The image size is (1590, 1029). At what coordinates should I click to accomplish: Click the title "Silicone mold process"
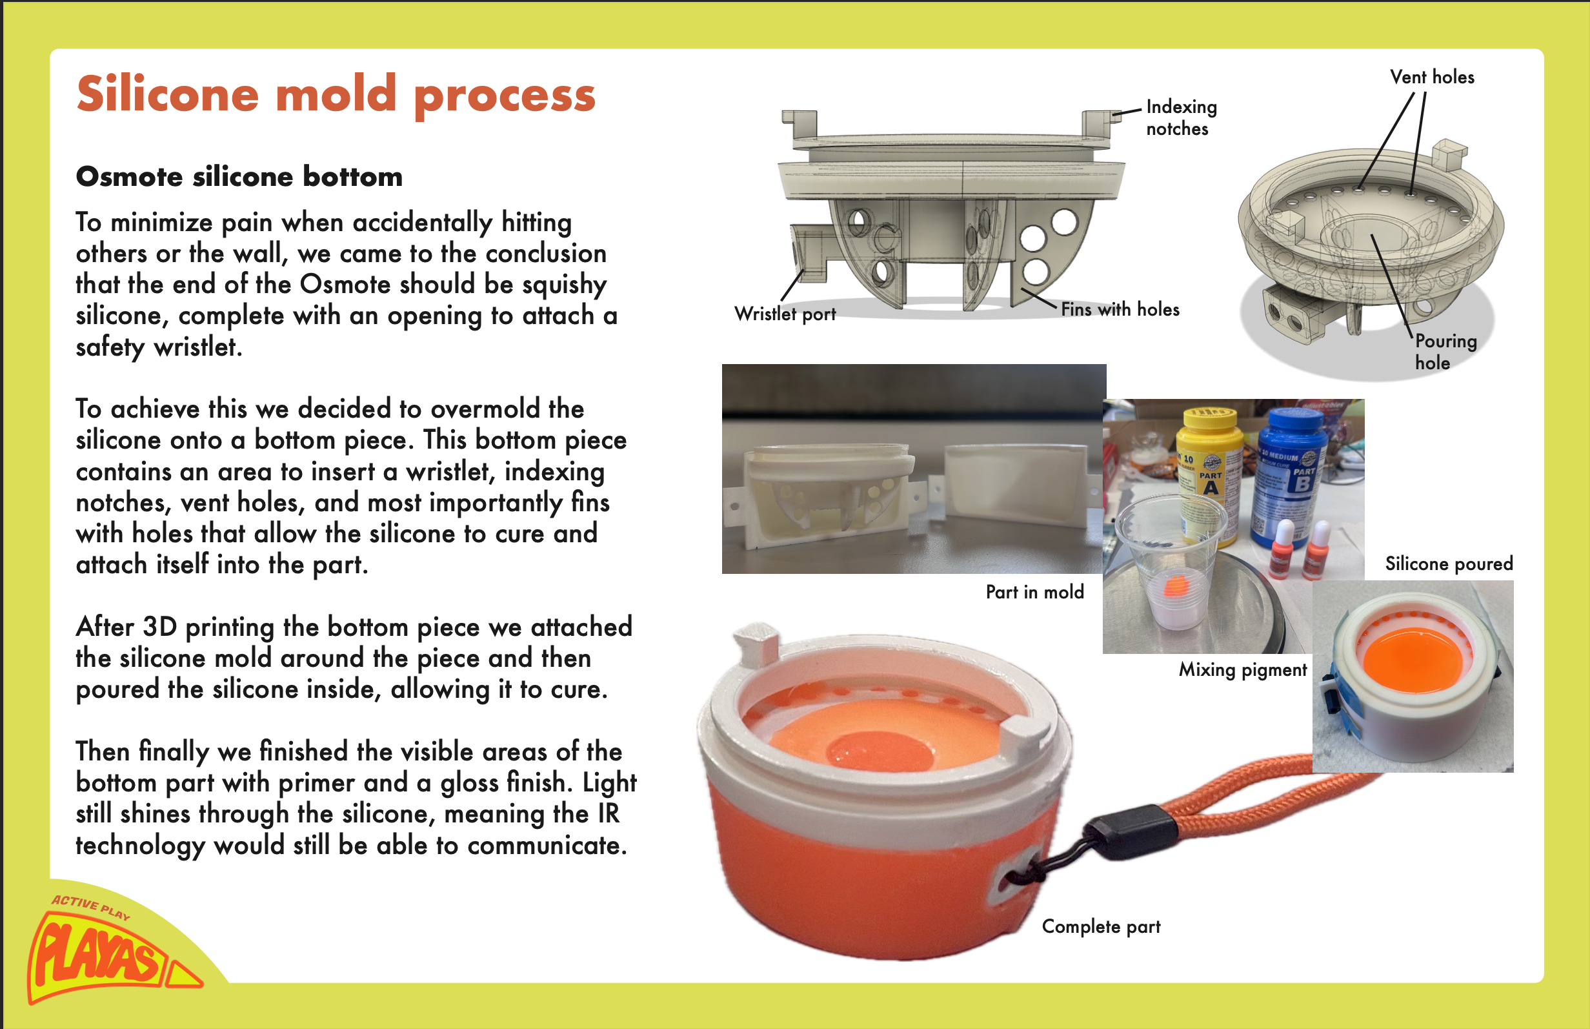[336, 96]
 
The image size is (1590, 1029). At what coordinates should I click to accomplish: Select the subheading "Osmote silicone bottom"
[239, 176]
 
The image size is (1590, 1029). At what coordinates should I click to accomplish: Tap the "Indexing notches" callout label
[1182, 117]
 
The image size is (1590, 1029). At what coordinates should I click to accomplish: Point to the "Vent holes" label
[1432, 77]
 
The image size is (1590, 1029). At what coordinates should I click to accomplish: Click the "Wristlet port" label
[785, 314]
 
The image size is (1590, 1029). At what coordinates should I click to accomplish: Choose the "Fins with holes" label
[1120, 309]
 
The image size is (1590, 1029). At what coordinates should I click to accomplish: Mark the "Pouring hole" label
[1445, 351]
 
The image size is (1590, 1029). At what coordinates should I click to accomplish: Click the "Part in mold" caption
[1034, 592]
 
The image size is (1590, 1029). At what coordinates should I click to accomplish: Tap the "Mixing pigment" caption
[1242, 669]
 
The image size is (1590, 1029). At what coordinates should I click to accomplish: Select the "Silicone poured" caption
[1449, 564]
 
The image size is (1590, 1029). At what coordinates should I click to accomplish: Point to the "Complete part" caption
[1101, 926]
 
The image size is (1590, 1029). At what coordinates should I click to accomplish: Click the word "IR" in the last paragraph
[609, 814]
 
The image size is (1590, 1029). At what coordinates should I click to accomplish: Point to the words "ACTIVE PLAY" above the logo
[91, 907]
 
